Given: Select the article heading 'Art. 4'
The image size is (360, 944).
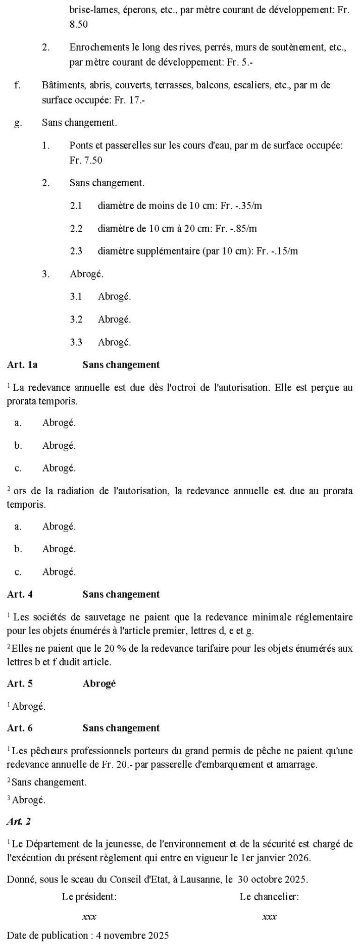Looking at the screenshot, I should [x=20, y=594].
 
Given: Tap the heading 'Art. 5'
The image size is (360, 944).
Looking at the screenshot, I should [x=20, y=684].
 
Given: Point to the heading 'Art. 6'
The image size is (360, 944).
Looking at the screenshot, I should [x=20, y=728].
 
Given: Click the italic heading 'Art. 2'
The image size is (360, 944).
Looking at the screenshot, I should [x=19, y=821].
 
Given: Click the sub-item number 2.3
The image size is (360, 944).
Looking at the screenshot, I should [x=76, y=251].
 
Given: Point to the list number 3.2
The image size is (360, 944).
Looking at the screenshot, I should [x=76, y=320].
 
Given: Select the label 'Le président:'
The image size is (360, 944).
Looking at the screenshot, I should [x=89, y=897].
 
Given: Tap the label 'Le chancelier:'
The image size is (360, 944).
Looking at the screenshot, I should [x=269, y=897].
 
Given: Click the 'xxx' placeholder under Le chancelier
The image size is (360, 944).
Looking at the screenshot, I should [x=269, y=917].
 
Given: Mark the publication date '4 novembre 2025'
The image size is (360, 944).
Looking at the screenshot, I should [x=132, y=935].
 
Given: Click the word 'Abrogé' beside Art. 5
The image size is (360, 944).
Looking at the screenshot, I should [x=99, y=684].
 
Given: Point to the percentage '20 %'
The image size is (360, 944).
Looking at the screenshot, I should [x=101, y=648].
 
